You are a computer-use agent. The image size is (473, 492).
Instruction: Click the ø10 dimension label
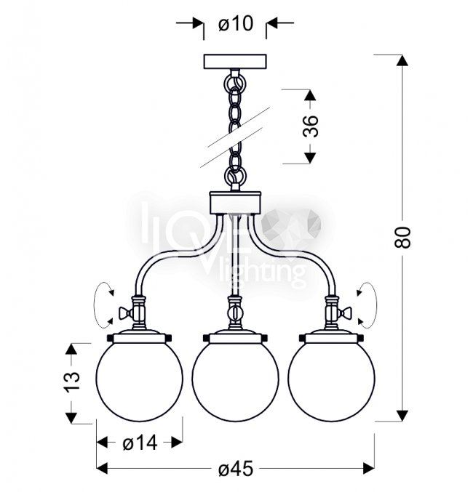click(235, 23)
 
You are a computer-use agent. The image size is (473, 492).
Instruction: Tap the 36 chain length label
click(311, 126)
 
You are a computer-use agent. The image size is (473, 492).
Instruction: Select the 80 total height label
click(402, 238)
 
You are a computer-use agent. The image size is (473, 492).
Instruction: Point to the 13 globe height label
click(72, 382)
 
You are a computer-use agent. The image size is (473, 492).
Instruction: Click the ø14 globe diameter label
click(140, 443)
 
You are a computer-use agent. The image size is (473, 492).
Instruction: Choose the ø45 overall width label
click(236, 469)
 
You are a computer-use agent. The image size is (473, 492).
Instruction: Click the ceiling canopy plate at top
click(235, 62)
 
